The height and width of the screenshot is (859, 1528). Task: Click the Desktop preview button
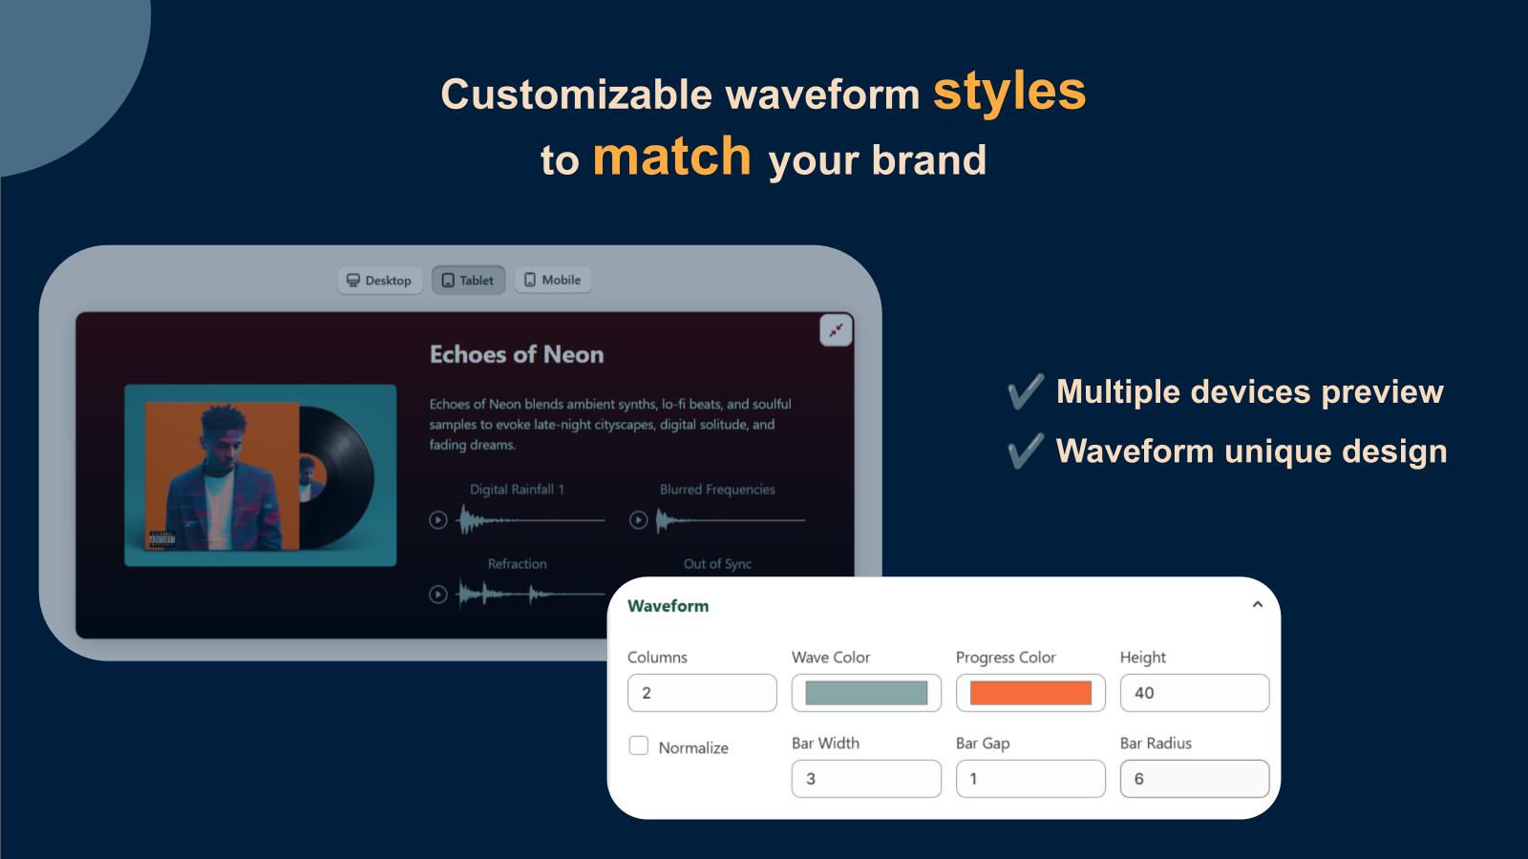click(x=380, y=281)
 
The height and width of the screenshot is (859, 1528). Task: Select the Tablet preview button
click(x=468, y=281)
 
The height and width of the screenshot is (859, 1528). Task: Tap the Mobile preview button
click(x=553, y=280)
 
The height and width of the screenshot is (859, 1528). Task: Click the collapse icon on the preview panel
click(x=836, y=330)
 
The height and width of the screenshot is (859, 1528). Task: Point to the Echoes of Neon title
click(x=517, y=354)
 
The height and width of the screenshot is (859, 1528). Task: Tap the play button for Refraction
click(x=438, y=595)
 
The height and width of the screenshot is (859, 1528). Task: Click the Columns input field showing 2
click(x=702, y=693)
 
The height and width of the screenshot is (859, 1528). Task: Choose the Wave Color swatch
click(x=866, y=693)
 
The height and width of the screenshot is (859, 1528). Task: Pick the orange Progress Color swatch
click(x=1030, y=693)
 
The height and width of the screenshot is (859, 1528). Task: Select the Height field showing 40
click(x=1195, y=693)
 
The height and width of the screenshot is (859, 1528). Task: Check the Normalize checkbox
click(x=639, y=745)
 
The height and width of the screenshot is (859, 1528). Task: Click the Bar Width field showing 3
click(x=866, y=779)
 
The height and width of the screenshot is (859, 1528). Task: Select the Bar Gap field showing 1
click(x=1030, y=779)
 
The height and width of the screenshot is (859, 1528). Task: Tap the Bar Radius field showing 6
click(x=1195, y=779)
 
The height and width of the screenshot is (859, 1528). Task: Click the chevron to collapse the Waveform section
click(x=1257, y=605)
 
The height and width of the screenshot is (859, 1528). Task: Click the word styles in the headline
click(x=1008, y=93)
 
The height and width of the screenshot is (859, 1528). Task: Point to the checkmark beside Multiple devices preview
click(x=1026, y=391)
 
